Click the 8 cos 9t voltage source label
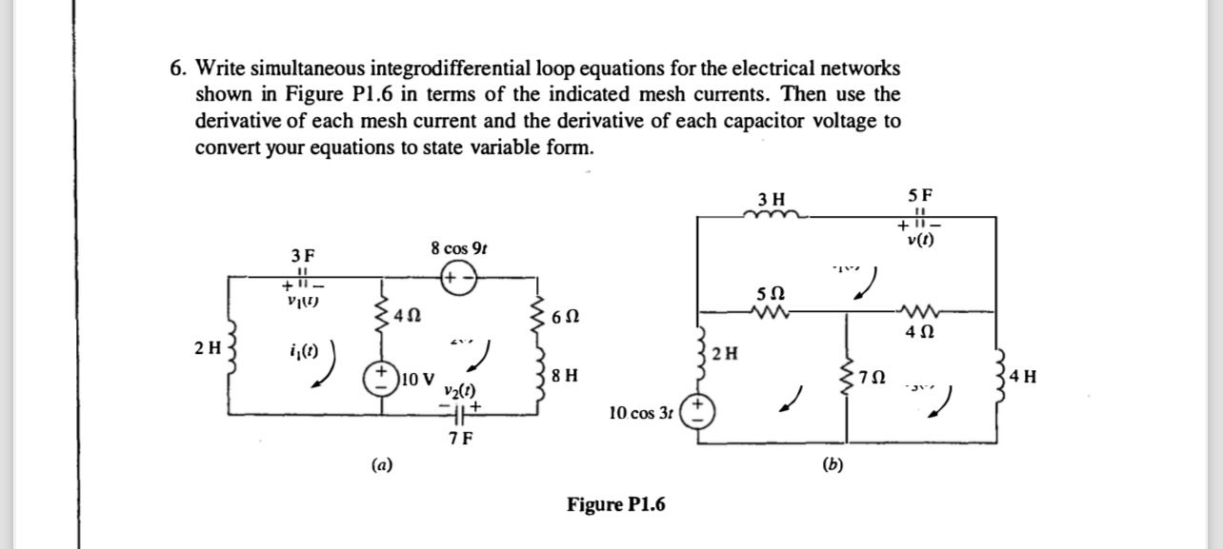[x=458, y=249]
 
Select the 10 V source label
[x=417, y=380]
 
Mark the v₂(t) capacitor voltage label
[x=459, y=391]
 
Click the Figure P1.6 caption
[x=616, y=503]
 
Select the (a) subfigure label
[x=380, y=464]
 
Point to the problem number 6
[x=176, y=69]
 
